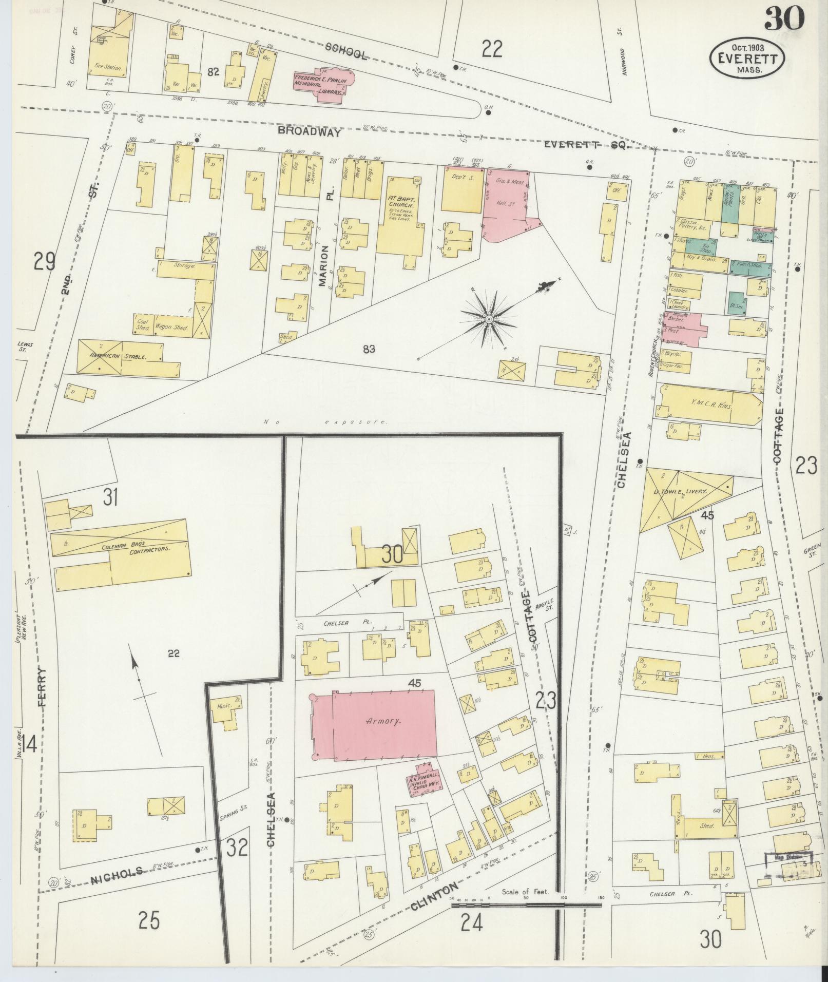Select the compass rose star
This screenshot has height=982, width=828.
tap(489, 319)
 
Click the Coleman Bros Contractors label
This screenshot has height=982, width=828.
tap(135, 546)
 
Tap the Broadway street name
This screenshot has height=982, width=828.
tap(309, 132)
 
